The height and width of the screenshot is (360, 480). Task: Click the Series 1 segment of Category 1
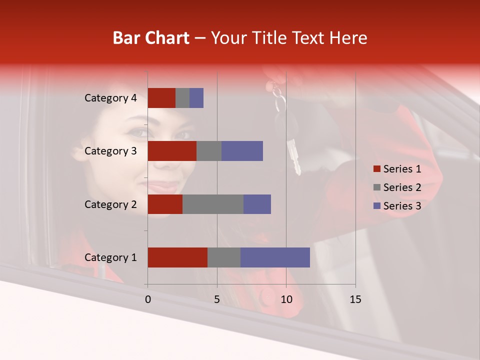[177, 257]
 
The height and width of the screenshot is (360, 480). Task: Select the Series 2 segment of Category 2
[213, 204]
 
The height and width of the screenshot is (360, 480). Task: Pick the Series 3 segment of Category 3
[242, 151]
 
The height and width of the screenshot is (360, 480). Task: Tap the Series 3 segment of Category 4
[196, 98]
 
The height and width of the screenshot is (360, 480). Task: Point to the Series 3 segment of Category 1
[275, 257]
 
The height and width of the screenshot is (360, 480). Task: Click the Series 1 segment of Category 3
[172, 151]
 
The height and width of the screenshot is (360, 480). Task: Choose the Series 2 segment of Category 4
[182, 98]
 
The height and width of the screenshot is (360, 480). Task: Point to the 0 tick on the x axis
[148, 299]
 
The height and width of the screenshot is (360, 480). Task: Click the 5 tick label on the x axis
[217, 299]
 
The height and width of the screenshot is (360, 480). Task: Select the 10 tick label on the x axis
[286, 299]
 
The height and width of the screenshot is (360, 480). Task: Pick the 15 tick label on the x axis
[355, 299]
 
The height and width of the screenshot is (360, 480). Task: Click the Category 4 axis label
[110, 98]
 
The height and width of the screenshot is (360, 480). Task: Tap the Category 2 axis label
[110, 204]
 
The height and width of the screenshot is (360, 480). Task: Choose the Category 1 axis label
[110, 257]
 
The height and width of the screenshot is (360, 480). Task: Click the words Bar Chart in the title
[151, 38]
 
